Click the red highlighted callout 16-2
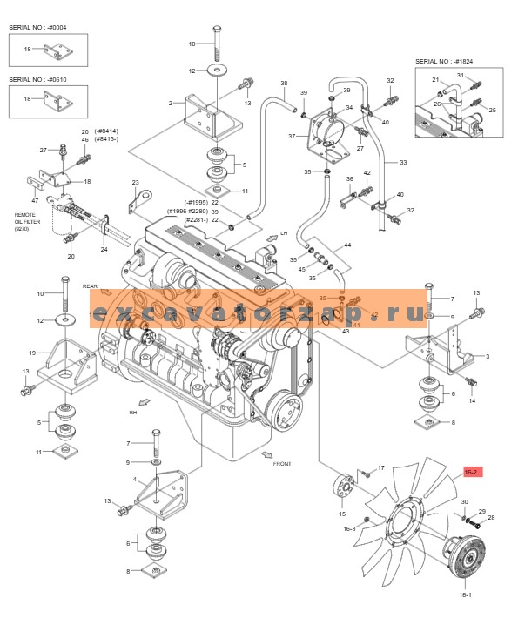click(471, 472)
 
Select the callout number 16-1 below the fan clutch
click(464, 595)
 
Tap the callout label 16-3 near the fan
click(349, 528)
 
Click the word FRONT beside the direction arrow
click(281, 464)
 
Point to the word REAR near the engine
click(90, 285)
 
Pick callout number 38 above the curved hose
click(284, 84)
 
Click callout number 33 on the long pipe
click(403, 162)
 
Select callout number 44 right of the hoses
click(348, 246)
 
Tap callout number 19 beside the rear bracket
click(31, 353)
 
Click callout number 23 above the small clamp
click(135, 182)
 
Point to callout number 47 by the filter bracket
click(35, 201)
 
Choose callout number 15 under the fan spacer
click(341, 514)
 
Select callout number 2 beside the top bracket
click(171, 103)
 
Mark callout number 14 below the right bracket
click(472, 400)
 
